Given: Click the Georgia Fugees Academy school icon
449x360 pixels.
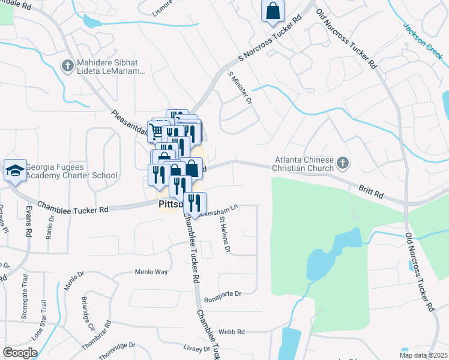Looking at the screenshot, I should pos(15,170).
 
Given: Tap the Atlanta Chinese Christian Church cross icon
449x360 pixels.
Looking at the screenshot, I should pos(342,163).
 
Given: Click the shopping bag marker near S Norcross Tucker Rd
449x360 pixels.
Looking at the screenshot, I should pos(273,11).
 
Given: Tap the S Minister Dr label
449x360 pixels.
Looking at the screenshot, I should pos(240,86).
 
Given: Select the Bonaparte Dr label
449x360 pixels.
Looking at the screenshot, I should pos(222,294).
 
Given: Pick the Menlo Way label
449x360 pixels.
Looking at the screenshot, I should pos(151,272).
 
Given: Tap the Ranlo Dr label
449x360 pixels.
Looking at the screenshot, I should pos(50,226).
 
